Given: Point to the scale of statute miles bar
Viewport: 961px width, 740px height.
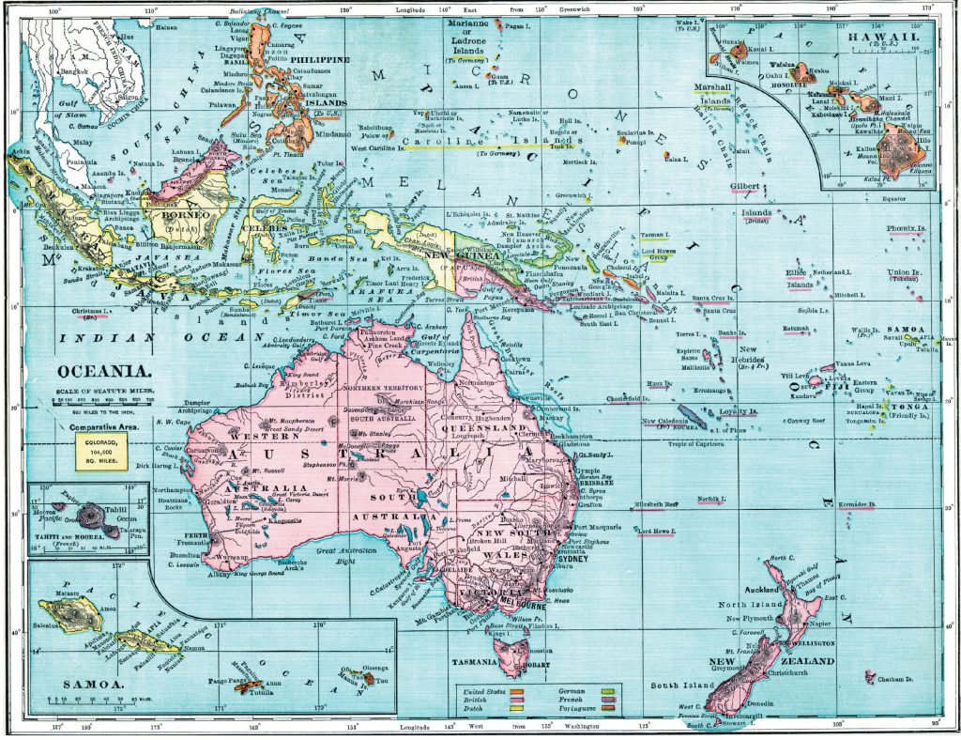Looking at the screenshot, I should click(103, 401).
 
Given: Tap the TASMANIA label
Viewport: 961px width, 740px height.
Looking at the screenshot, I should click(472, 662).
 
